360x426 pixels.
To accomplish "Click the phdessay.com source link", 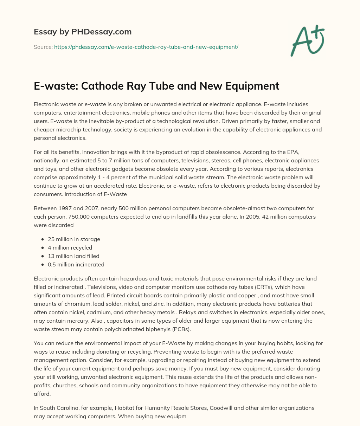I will tap(146, 47).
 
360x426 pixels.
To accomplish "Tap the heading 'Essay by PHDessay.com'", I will tap(83, 32).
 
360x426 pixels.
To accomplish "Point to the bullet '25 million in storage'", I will tap(74, 239).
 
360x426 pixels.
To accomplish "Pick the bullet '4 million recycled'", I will tap(70, 247).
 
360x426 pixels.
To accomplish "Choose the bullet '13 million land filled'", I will tap(73, 256).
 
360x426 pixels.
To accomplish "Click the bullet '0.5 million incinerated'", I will tap(76, 264).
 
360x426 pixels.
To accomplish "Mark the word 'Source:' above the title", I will tap(43, 47).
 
